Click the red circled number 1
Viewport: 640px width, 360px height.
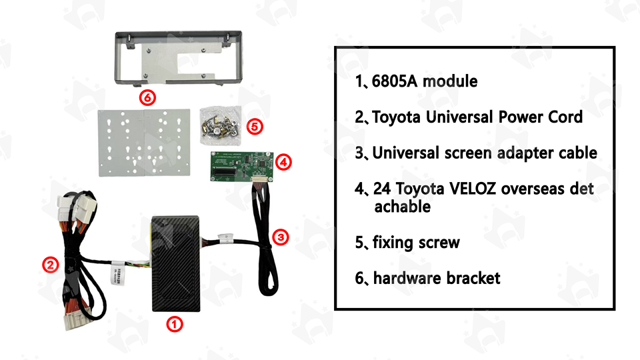click(x=174, y=324)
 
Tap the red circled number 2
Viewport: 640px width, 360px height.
click(x=51, y=265)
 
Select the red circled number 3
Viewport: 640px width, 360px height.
click(x=281, y=237)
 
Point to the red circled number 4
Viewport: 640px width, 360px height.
click(x=283, y=163)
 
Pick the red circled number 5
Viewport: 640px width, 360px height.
click(x=254, y=127)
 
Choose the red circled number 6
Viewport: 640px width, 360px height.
click(x=147, y=97)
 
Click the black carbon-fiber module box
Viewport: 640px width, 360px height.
click(x=175, y=264)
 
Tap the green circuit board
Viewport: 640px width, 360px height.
click(x=241, y=167)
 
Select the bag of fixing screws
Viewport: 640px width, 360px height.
click(x=221, y=125)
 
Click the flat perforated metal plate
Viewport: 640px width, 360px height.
click(x=144, y=143)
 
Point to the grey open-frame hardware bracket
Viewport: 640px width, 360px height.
click(x=179, y=58)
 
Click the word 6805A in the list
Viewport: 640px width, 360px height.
click(x=394, y=81)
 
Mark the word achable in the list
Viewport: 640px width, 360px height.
click(x=403, y=207)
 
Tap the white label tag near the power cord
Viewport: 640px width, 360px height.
click(x=119, y=273)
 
